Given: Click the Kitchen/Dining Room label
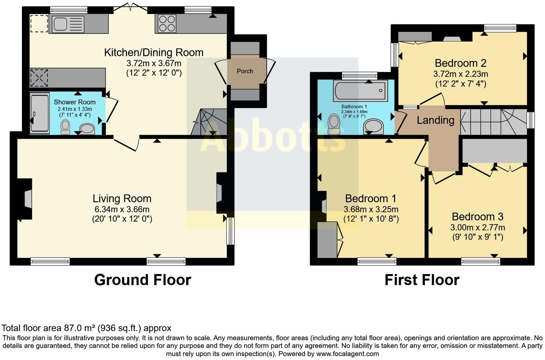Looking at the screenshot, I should [x=153, y=53].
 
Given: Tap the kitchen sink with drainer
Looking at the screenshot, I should [x=68, y=24].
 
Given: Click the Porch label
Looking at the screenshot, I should [x=245, y=71].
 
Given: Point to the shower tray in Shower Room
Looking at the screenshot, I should [x=39, y=113].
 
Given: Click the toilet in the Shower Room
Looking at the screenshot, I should [x=65, y=127].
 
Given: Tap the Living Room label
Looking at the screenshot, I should [x=122, y=198].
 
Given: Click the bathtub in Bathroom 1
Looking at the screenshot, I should [x=360, y=90].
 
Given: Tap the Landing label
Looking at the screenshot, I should [x=435, y=120].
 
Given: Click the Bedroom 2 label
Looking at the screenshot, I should [x=460, y=63].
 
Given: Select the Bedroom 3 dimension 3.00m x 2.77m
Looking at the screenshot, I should [x=478, y=227].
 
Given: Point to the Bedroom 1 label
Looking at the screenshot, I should [x=370, y=198].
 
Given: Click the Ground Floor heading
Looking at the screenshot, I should [x=142, y=280].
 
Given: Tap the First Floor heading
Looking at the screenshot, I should [x=422, y=280].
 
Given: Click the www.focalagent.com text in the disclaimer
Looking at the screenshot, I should [x=347, y=354].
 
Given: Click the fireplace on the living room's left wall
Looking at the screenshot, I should [x=27, y=199].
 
